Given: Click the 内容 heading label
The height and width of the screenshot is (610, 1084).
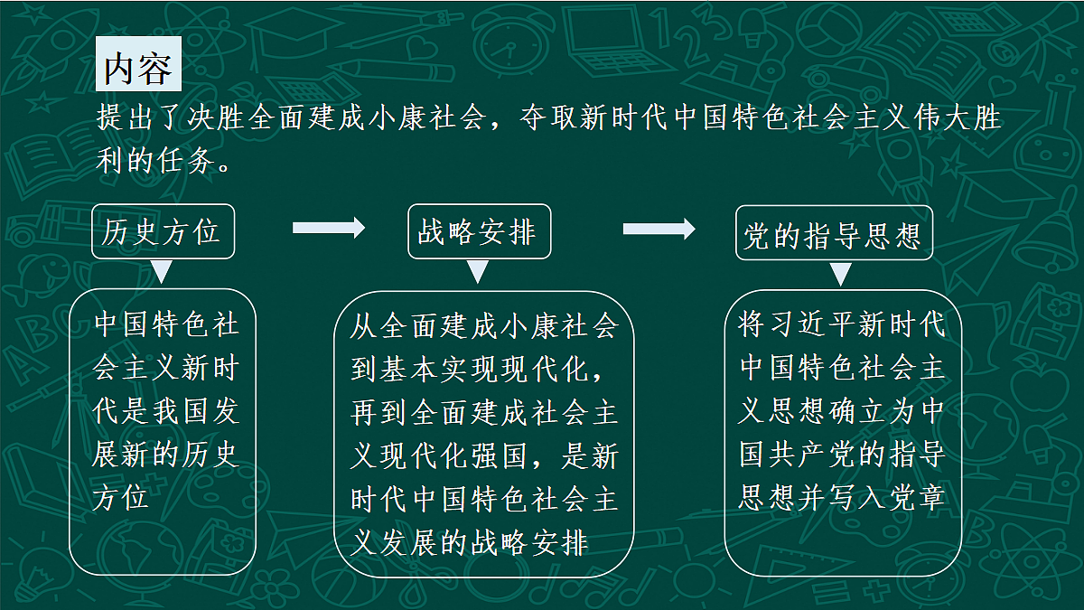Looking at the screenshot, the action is click(138, 64).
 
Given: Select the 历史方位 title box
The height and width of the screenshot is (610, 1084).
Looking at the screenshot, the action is click(164, 231).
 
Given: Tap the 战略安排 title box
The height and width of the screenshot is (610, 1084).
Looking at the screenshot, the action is click(479, 231).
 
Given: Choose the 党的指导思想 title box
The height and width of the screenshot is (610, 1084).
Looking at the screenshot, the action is click(834, 233).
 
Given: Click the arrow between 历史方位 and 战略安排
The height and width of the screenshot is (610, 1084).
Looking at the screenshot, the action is click(329, 228).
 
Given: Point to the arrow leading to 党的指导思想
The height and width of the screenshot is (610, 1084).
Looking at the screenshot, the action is click(659, 229).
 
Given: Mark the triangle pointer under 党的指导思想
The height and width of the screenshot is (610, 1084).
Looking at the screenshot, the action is click(841, 274).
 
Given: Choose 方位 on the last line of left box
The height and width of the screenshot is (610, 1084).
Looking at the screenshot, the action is click(120, 499).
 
